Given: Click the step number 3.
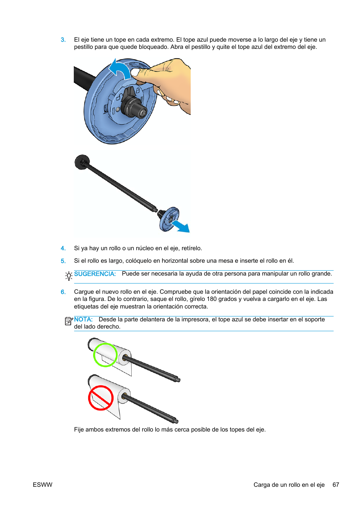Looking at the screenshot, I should point(63,40).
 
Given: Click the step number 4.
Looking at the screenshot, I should point(63,248).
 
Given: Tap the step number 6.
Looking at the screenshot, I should point(63,292).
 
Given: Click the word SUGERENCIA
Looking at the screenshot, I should point(95,274).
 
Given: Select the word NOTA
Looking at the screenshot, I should point(83,319).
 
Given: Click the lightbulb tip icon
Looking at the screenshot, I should point(68,276).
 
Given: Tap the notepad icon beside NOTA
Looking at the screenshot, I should point(68,321).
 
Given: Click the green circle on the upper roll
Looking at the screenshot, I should point(105,355).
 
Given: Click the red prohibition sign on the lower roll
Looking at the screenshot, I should point(101,398).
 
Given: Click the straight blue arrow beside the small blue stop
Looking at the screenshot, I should point(180,227).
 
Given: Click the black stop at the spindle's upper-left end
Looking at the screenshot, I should point(82,162).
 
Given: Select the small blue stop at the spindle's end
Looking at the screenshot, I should point(169,219).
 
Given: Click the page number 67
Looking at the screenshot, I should point(336,485).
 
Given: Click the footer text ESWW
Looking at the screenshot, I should point(42,485).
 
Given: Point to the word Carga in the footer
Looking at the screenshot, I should point(261,485).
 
